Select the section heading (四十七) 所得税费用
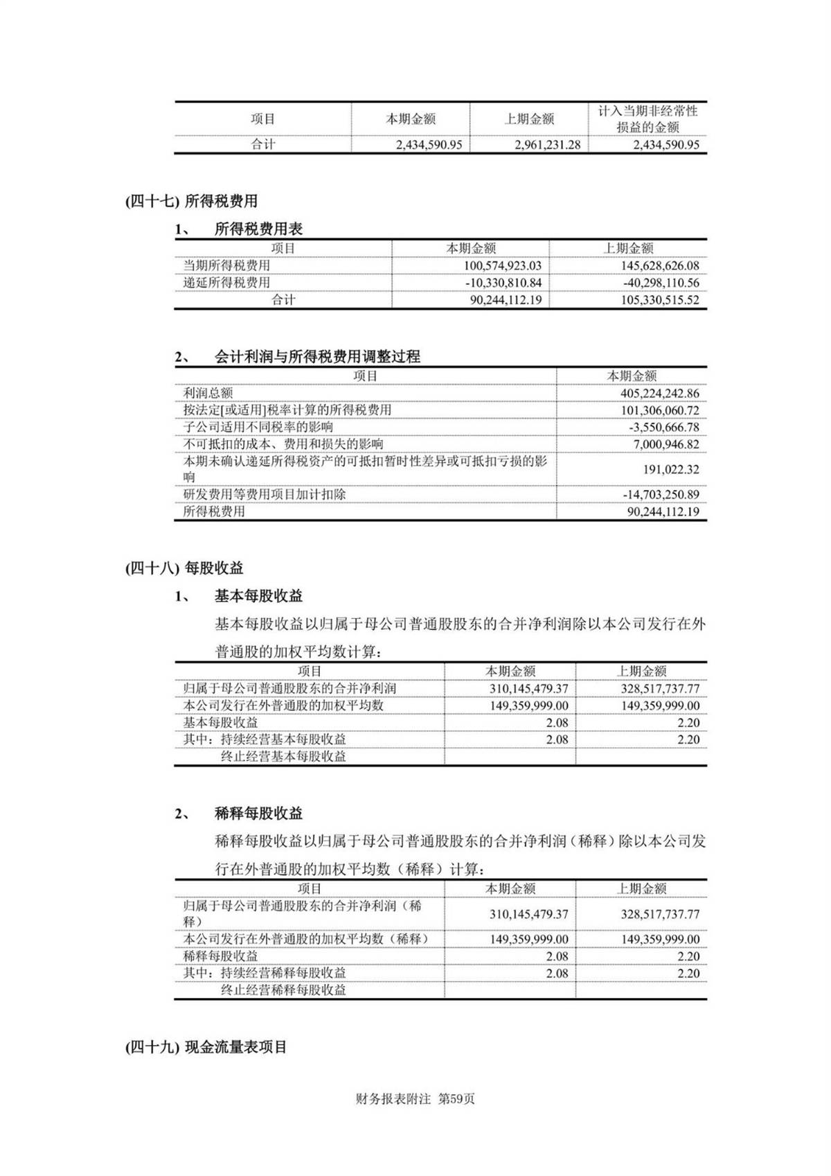(191, 201)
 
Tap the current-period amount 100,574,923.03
(503, 265)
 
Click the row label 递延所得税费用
(226, 283)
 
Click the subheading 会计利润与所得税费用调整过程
(317, 357)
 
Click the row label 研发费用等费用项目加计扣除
(264, 495)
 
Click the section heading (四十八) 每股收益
(184, 568)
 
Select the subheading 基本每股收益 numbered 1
(258, 596)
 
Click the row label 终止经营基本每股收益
(283, 757)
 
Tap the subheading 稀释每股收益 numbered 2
(258, 814)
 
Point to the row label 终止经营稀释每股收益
(283, 990)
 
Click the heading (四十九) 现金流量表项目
(206, 1047)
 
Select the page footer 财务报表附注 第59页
(415, 1099)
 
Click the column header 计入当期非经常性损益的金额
(647, 119)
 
